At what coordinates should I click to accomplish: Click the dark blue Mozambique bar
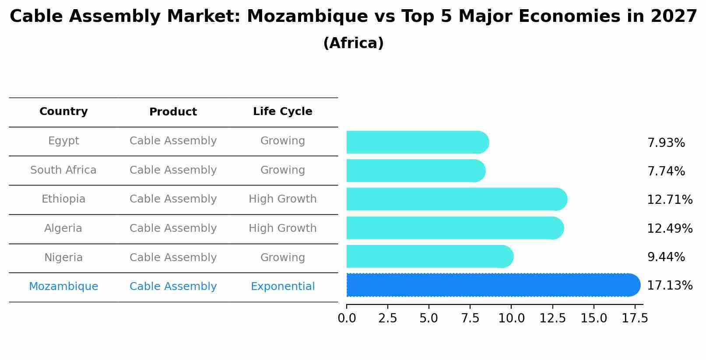(492, 285)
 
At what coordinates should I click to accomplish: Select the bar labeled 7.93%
(417, 142)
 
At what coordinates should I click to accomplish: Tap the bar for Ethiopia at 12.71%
(457, 199)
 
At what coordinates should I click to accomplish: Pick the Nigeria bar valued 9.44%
(429, 256)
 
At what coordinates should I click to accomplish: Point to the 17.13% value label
(669, 286)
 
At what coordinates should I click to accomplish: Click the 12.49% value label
(669, 228)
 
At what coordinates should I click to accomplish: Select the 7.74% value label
(666, 171)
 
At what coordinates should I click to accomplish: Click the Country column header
(63, 112)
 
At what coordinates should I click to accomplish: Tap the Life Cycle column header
(282, 112)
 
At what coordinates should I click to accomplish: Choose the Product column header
(173, 112)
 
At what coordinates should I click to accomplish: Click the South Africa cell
(63, 170)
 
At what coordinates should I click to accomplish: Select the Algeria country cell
(63, 228)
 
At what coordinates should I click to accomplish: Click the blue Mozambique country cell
(63, 287)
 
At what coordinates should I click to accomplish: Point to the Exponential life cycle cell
(282, 287)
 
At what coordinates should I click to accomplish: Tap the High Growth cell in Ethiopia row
(282, 199)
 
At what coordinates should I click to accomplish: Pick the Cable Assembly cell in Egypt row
(173, 141)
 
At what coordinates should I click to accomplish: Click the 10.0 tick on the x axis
(511, 318)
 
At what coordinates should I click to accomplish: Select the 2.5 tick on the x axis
(387, 318)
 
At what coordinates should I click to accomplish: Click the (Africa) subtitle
(353, 43)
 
